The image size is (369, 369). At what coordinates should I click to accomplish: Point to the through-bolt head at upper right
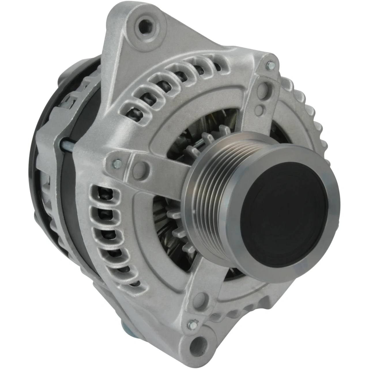click(270, 65)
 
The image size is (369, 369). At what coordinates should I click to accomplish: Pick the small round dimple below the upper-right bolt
click(260, 109)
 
